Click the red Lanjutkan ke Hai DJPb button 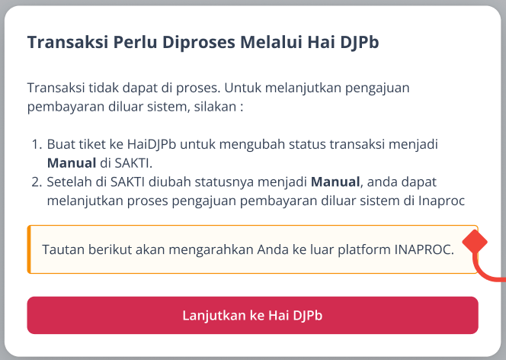(253, 315)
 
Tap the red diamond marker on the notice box (475, 242)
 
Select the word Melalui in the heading (271, 42)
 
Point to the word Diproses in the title (198, 43)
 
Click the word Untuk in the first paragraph (242, 88)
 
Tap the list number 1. (37, 144)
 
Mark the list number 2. (37, 182)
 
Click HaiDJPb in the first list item (152, 145)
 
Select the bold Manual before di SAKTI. (72, 163)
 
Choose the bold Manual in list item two (335, 182)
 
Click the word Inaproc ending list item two (441, 201)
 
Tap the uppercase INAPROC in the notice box (424, 249)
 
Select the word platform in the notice (364, 250)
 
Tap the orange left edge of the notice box (29, 249)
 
